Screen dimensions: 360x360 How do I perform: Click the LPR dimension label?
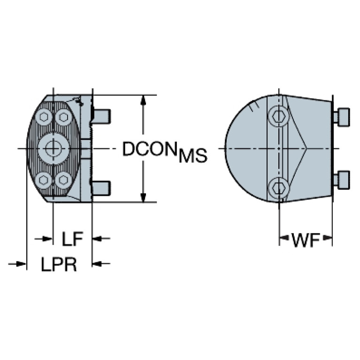(59, 264)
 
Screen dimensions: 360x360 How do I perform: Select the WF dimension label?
(305, 241)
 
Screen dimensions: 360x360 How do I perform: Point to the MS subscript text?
(192, 156)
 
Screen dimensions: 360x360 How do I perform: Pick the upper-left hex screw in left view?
(44, 117)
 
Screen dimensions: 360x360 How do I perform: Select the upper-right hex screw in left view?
(63, 117)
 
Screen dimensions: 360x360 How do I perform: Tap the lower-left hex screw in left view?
(44, 179)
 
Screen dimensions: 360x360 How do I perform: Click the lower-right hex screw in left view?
(63, 179)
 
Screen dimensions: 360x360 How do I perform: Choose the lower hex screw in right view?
(280, 188)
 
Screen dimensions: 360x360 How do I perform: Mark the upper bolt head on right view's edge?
(342, 117)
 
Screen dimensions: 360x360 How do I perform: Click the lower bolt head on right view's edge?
(342, 179)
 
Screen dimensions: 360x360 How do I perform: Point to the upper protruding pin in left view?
(101, 115)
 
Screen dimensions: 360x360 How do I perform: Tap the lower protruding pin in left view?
(101, 188)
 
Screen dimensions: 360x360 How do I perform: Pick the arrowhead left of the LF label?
(46, 239)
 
